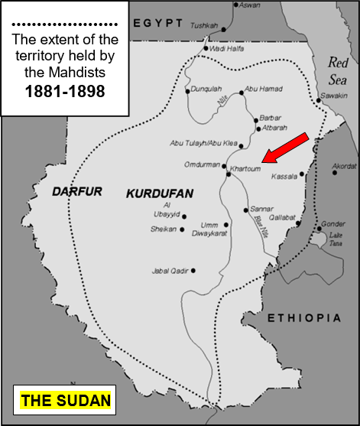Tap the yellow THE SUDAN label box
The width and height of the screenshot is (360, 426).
point(66,401)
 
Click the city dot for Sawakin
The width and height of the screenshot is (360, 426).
point(317,100)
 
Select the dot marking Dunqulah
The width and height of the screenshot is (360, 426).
point(187,92)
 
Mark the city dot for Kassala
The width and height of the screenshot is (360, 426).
point(303,174)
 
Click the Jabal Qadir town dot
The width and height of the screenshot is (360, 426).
point(193,270)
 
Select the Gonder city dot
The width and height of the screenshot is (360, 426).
point(318,227)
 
